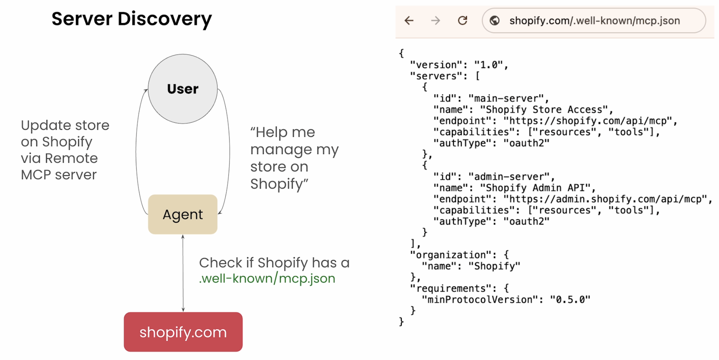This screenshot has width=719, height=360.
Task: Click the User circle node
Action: (183, 89)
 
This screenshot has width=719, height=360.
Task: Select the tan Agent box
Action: (183, 214)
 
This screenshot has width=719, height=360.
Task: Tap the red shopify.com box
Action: (183, 332)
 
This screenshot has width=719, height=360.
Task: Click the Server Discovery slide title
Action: (132, 19)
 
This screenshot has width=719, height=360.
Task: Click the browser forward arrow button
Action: (435, 21)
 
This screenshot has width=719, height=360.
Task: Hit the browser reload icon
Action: (463, 21)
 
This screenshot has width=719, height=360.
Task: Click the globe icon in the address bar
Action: (494, 21)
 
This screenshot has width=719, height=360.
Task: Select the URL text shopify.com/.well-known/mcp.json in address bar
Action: (595, 21)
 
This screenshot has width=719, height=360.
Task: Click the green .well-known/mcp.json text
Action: (267, 279)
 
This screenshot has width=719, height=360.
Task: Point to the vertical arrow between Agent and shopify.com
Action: (183, 273)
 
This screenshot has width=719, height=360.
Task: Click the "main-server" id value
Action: (506, 99)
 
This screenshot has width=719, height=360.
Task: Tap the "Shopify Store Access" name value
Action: (544, 110)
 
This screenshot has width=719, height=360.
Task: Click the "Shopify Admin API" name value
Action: (536, 188)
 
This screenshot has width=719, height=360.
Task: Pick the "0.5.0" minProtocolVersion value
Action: (570, 300)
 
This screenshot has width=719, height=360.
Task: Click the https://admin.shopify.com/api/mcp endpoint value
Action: (605, 199)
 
